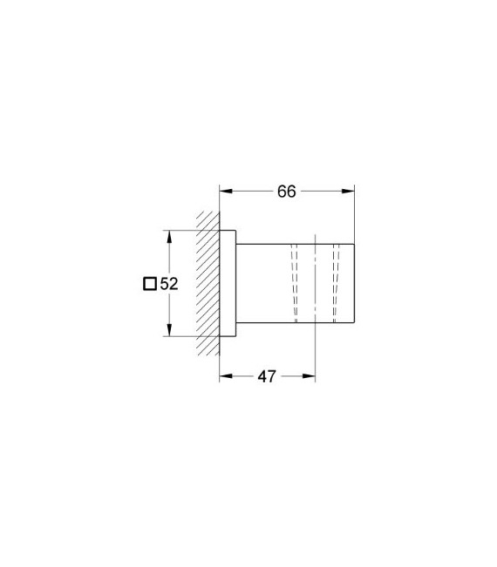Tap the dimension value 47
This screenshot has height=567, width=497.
click(x=267, y=376)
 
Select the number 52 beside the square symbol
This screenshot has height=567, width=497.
click(x=168, y=283)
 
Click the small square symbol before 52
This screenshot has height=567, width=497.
click(x=149, y=283)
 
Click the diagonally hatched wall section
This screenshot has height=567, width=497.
click(x=207, y=283)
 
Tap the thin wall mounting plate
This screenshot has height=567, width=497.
click(x=228, y=283)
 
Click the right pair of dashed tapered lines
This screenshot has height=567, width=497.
click(x=335, y=283)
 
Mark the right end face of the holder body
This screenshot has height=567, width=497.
click(x=354, y=283)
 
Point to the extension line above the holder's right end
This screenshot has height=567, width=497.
click(x=354, y=213)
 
